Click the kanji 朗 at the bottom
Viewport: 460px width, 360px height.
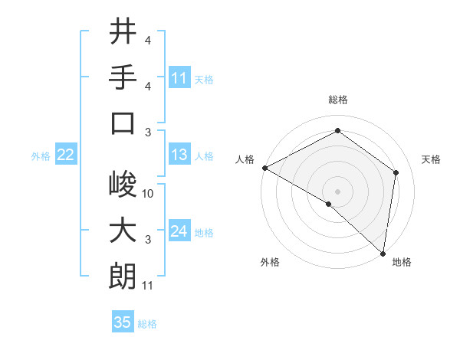pos(122,277)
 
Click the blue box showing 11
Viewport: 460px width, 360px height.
pos(179,77)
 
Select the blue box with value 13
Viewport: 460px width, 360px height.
pos(179,155)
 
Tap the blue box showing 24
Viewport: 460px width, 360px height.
pos(179,231)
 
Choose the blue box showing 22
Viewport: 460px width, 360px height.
pos(65,155)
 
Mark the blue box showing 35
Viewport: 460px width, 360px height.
pos(123,322)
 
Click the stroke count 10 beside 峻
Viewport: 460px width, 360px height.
pos(148,194)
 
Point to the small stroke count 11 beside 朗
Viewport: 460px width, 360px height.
pos(148,286)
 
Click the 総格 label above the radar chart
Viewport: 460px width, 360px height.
pos(337,100)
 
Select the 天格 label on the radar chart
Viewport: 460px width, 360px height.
pos(432,159)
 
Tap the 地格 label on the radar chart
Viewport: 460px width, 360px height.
pos(402,262)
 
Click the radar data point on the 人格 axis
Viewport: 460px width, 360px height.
pos(264,168)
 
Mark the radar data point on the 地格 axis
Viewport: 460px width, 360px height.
pos(383,253)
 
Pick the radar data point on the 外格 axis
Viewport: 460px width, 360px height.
pos(328,204)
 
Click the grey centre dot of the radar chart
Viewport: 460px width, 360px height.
pos(337,191)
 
